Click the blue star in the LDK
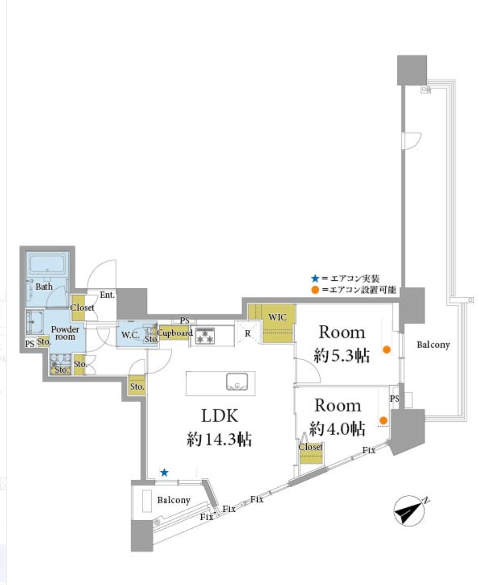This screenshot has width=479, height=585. point(164,472)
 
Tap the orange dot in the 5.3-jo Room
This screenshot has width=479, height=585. point(386,350)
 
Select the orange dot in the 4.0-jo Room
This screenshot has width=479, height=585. point(384,421)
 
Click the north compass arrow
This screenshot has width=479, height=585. point(409,511)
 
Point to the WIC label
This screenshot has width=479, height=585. point(277,317)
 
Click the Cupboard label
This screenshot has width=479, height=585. point(175,333)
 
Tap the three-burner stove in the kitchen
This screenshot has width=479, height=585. point(205,336)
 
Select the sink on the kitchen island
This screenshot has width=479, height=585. point(237,382)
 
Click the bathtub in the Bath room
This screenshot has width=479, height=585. point(47,264)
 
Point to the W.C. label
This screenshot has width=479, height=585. point(130,335)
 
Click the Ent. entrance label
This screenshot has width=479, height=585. point(107,295)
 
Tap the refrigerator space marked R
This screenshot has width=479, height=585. point(248,333)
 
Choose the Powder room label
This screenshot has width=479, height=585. point(65,333)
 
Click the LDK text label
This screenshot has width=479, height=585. point(219,416)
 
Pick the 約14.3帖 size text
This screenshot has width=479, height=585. point(219,439)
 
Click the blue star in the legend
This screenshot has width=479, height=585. point(315,278)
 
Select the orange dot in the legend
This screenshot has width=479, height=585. point(315,290)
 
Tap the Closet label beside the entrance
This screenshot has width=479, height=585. point(82,308)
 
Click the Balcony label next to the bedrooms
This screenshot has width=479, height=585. point(433,345)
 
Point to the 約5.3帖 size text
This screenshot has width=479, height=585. point(342,355)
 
